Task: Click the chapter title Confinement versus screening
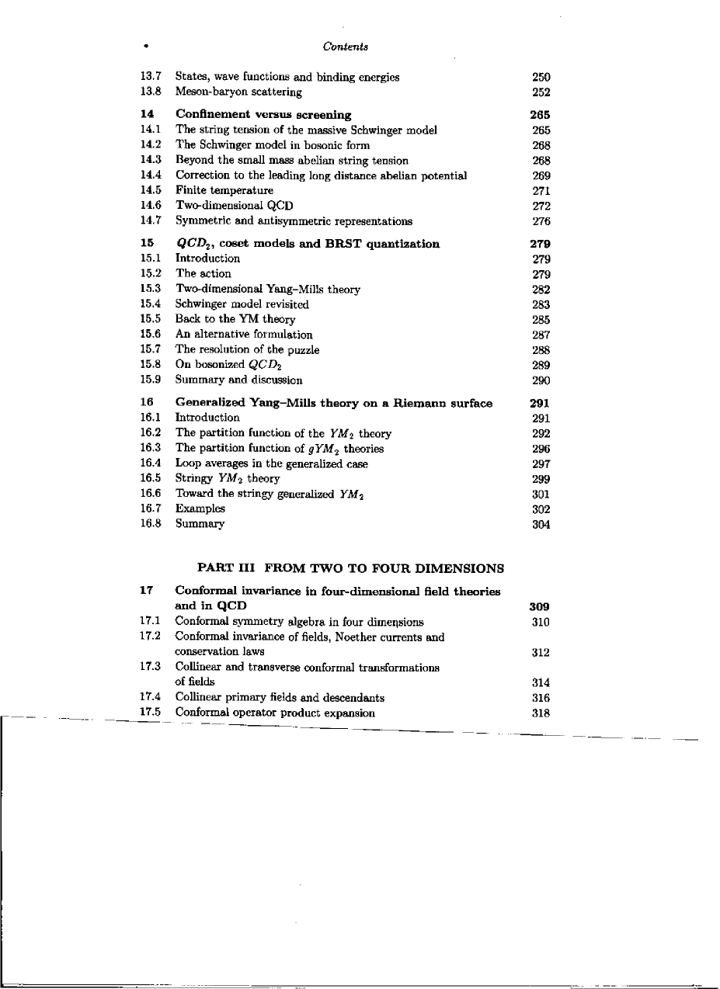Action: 263,115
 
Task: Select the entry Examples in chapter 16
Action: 200,509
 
